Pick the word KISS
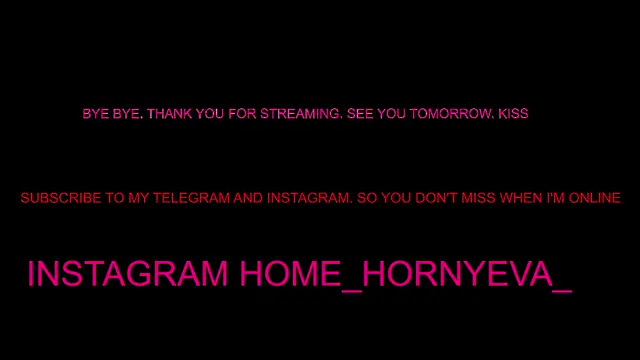tap(513, 114)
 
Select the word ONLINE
tap(597, 198)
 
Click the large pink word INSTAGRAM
tap(128, 273)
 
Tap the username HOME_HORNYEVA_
tap(405, 273)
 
